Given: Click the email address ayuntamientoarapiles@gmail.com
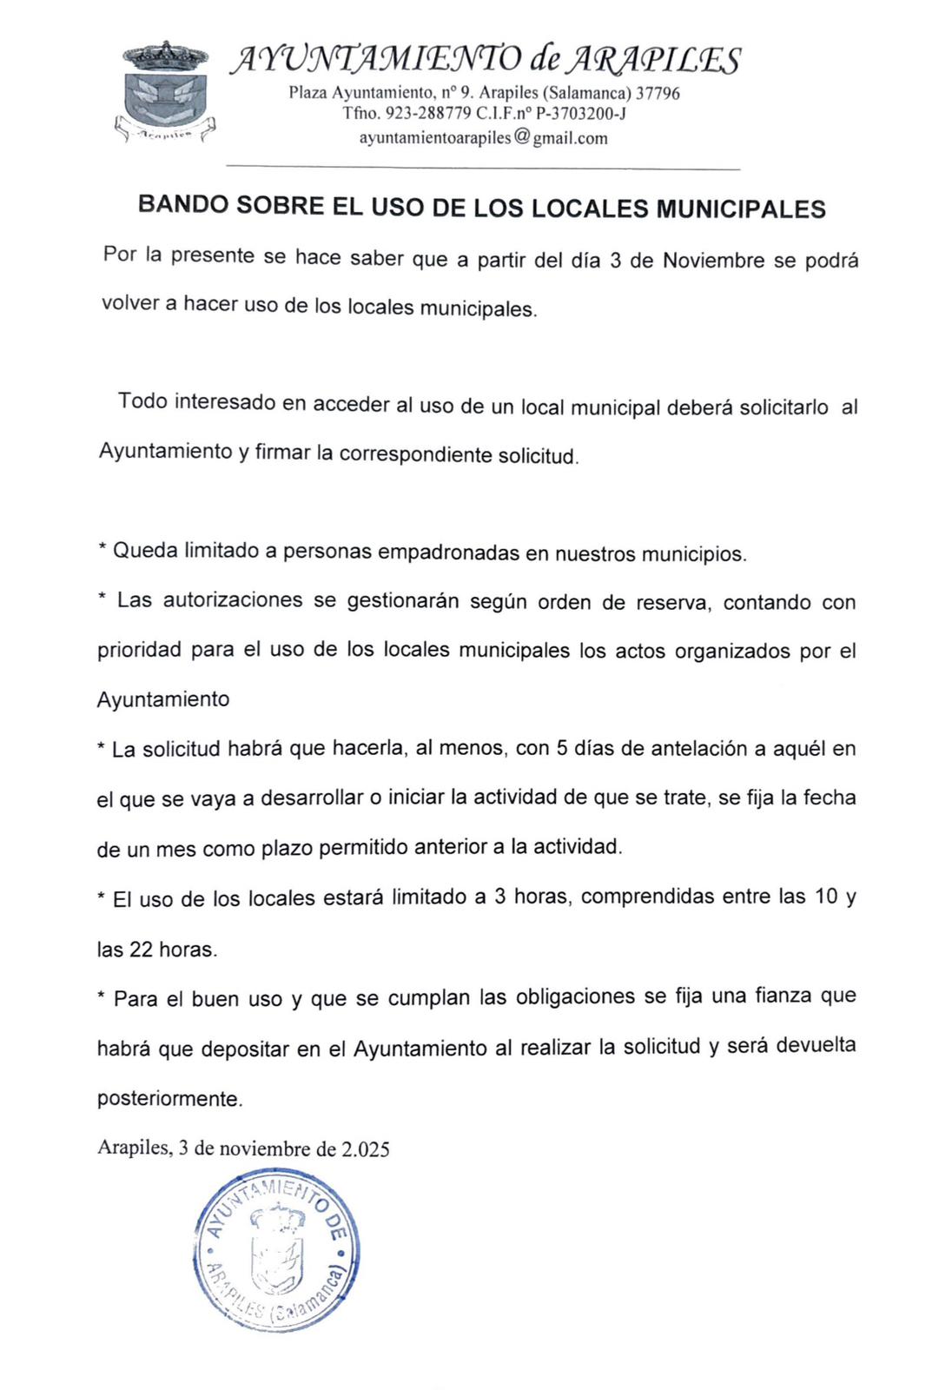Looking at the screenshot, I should (483, 137).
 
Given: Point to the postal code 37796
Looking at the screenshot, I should (658, 92).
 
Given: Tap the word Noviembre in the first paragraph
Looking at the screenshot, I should (713, 261).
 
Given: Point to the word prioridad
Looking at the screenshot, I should (139, 652).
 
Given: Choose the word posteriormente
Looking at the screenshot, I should (169, 1098).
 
